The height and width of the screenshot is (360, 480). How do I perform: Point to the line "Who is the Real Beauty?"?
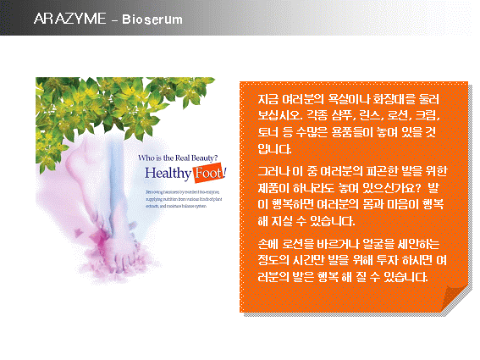tap(178, 156)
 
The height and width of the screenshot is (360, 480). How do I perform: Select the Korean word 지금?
tap(269, 99)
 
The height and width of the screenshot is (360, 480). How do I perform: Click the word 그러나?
tap(274, 172)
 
